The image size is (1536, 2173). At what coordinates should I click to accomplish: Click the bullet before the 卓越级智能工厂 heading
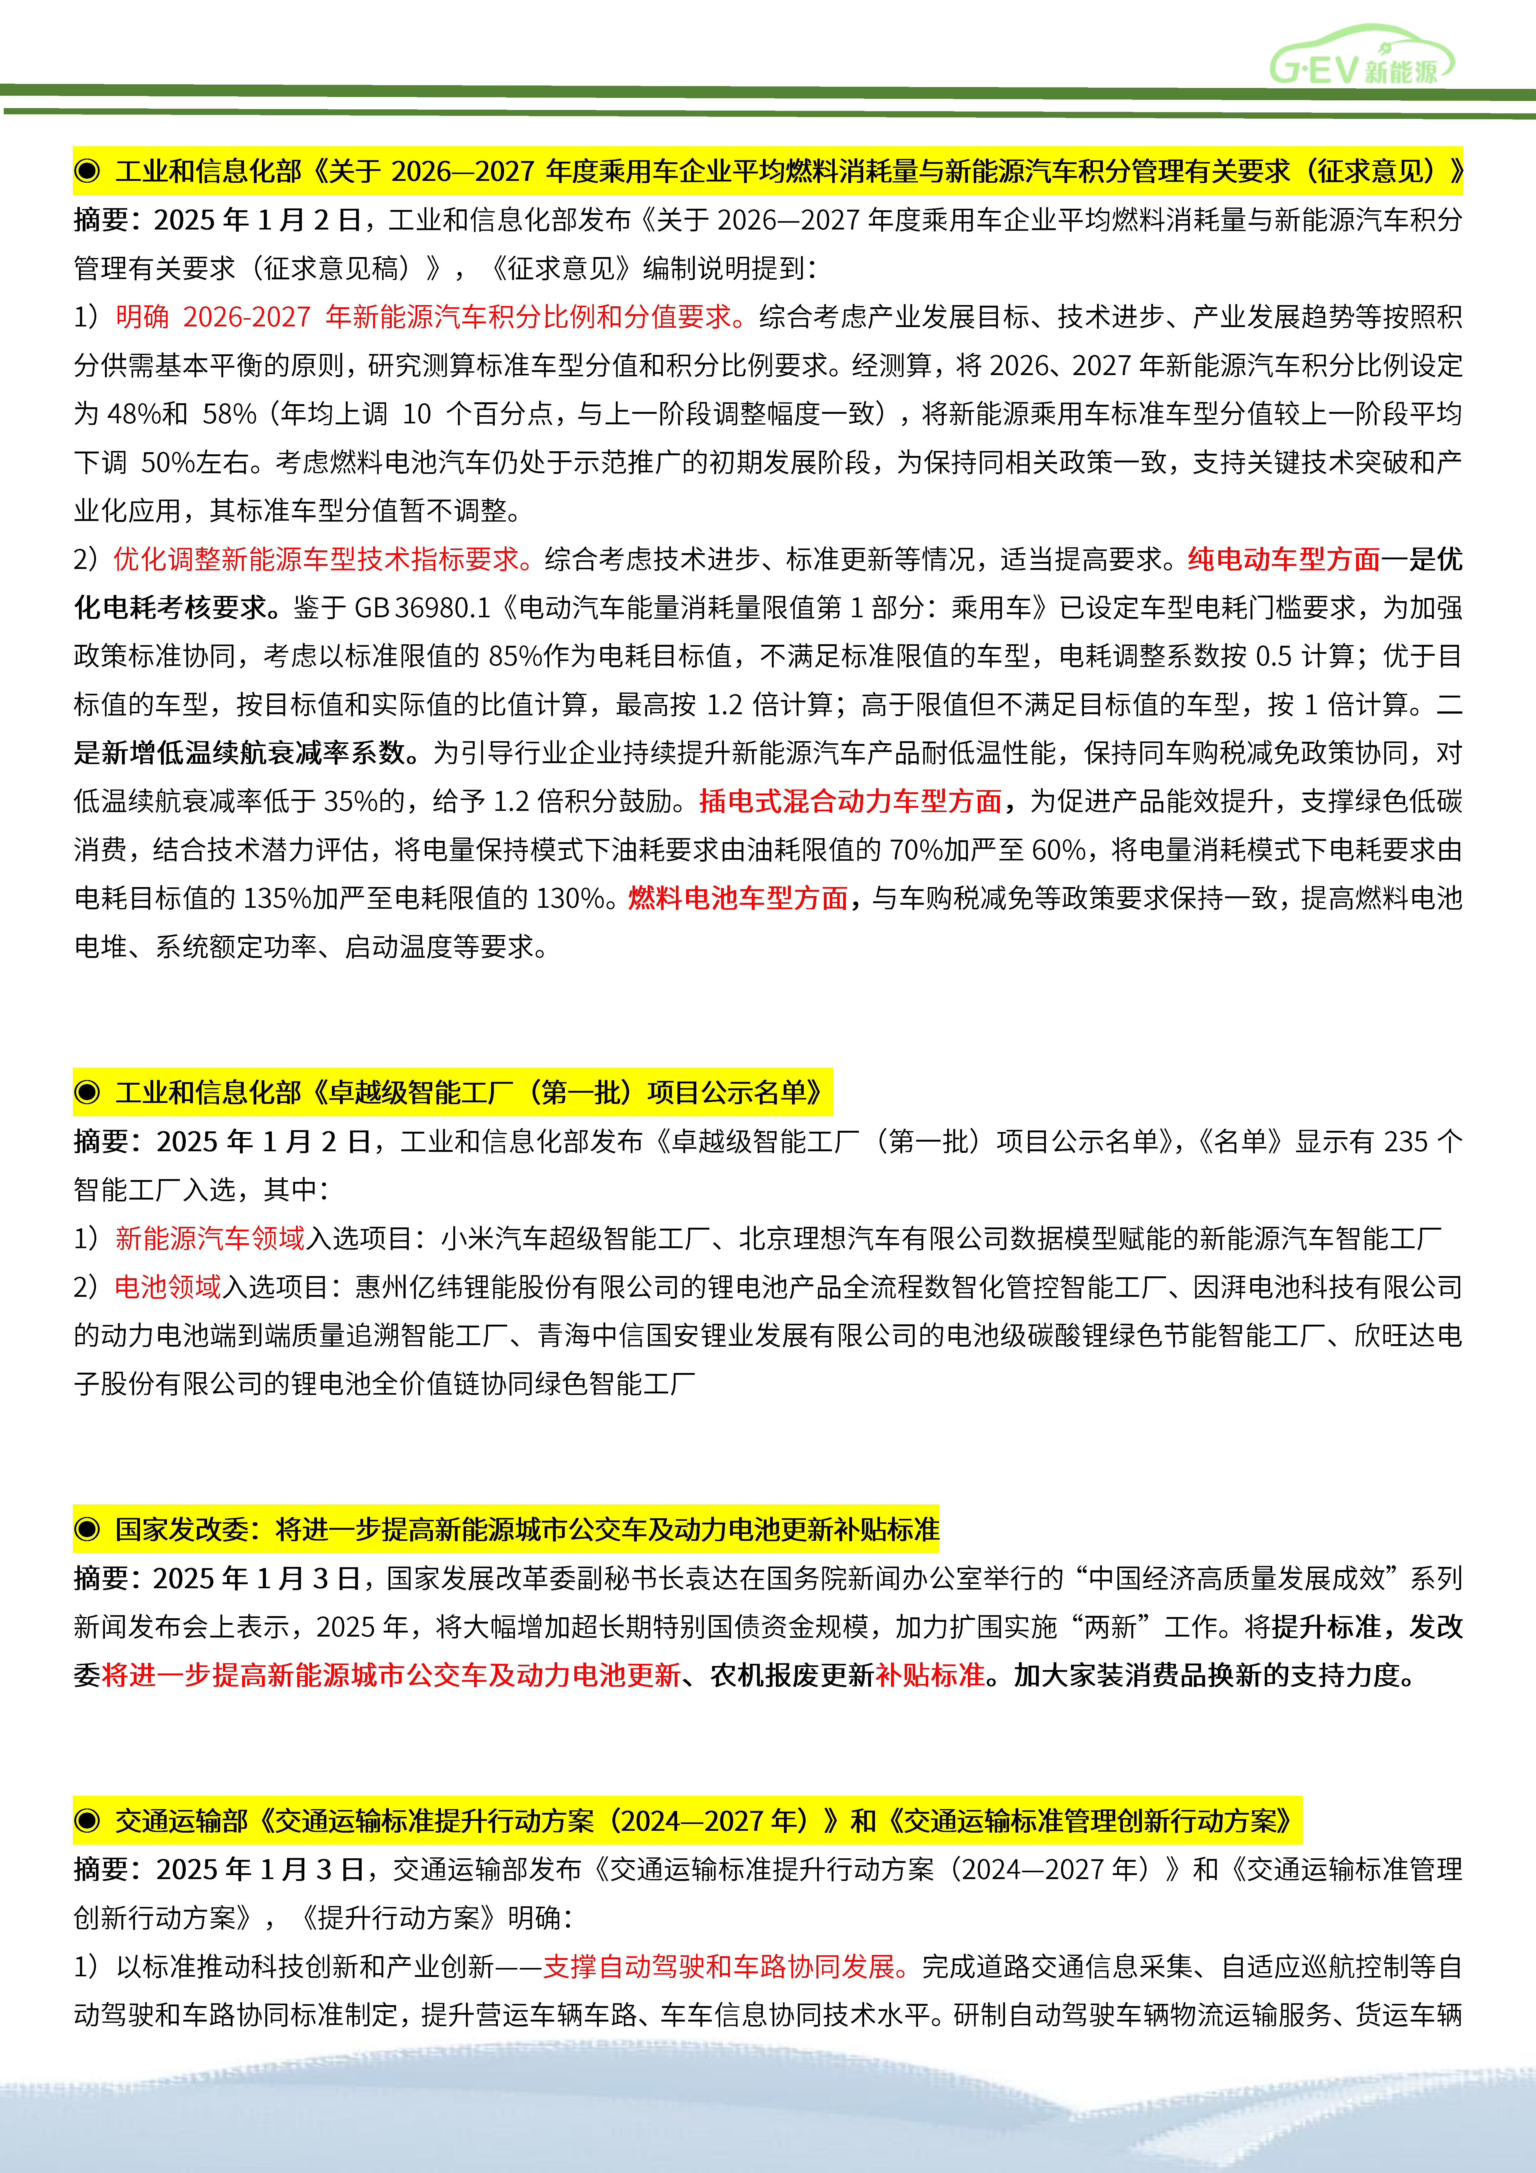[87, 1092]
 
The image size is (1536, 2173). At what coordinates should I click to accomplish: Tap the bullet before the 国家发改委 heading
[87, 1529]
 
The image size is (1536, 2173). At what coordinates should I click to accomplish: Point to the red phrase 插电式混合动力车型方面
[850, 802]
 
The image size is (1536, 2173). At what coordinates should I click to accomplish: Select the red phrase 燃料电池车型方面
[738, 898]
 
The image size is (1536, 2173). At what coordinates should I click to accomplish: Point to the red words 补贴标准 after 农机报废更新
[929, 1675]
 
